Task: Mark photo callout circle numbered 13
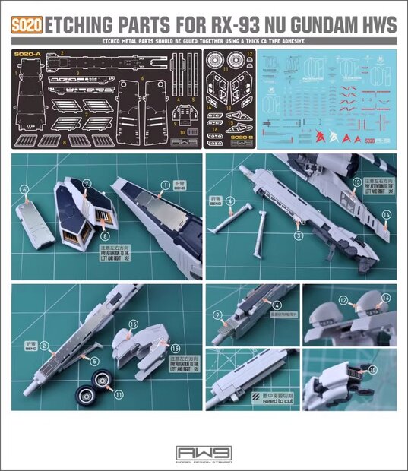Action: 356,182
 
